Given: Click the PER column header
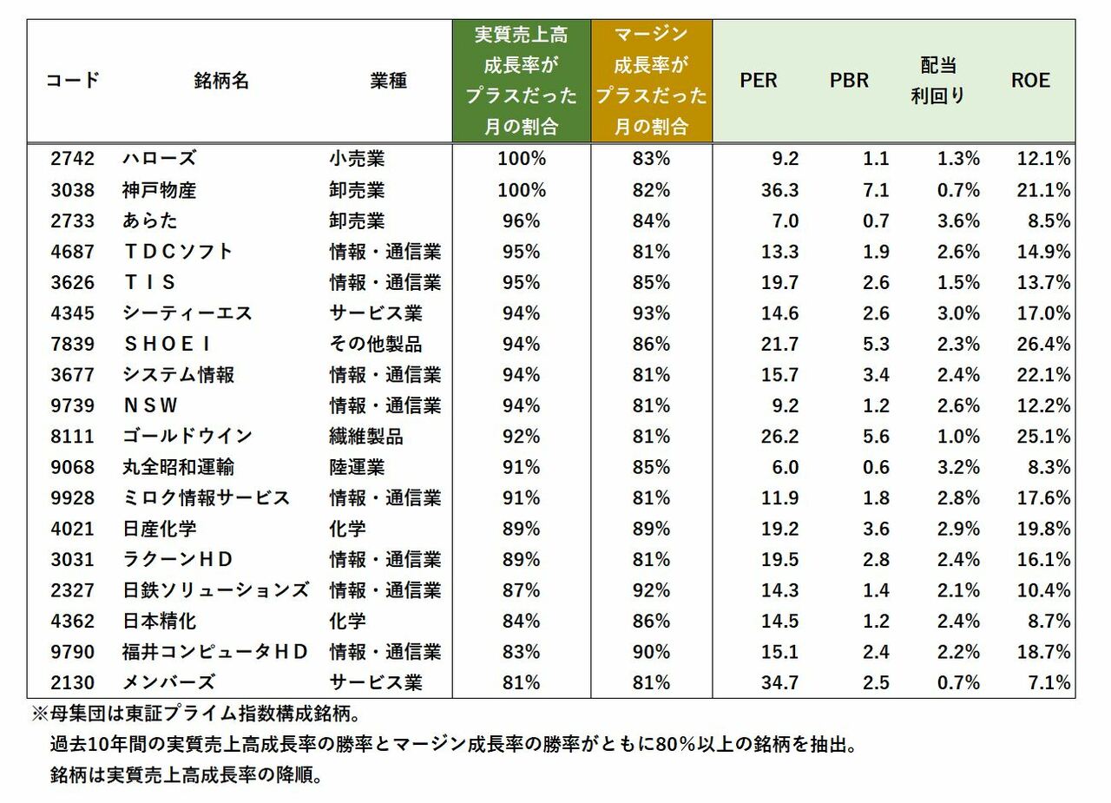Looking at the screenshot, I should (758, 81).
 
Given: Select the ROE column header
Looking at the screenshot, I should (1030, 81).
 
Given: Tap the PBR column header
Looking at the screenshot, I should (849, 81).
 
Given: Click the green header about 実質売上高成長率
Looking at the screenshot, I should (521, 81).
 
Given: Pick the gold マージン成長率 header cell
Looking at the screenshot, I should (651, 81).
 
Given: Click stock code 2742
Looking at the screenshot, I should (72, 159).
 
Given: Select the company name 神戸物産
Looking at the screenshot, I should (160, 190).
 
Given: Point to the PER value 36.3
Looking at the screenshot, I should (779, 190).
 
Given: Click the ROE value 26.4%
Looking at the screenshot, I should (1043, 344).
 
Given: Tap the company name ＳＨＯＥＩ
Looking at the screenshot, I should (167, 344).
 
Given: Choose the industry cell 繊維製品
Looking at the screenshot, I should (366, 436).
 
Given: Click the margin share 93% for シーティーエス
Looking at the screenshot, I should (651, 313).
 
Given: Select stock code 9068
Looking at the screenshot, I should (72, 467).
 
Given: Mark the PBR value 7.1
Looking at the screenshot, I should (876, 190).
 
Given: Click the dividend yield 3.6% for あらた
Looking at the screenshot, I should (958, 220).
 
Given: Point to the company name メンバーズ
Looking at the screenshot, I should (168, 682).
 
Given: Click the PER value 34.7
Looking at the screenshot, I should (779, 682).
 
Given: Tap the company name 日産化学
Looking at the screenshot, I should (160, 529).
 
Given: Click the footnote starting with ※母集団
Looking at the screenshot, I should (195, 714).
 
